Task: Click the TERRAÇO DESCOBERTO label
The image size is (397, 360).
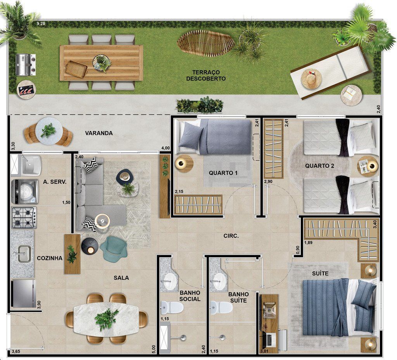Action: (x=206, y=76)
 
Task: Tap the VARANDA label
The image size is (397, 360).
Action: (x=99, y=133)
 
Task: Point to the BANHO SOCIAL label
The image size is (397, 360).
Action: (x=190, y=296)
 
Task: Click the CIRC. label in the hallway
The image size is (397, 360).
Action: (x=231, y=236)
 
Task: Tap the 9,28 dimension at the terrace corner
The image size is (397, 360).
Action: (x=41, y=24)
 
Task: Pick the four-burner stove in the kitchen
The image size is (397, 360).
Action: (x=24, y=217)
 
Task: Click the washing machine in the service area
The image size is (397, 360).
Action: (x=24, y=192)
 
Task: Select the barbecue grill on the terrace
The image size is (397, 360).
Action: (x=26, y=65)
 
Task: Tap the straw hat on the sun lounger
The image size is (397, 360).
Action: (x=311, y=79)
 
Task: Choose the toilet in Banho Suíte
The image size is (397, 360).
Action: (x=221, y=308)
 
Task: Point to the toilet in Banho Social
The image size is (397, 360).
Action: (x=172, y=308)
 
